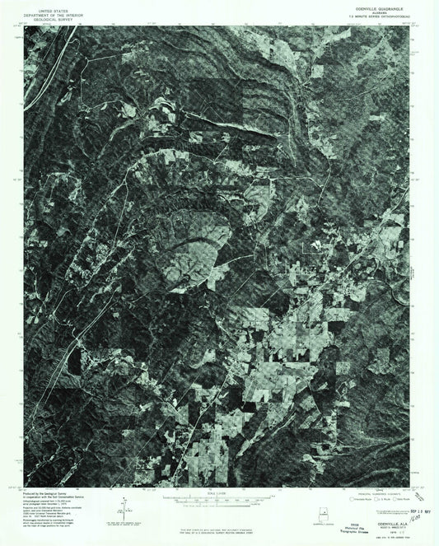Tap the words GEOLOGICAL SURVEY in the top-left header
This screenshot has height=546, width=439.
[48, 13]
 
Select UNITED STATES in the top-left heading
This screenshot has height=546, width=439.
[48, 4]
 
